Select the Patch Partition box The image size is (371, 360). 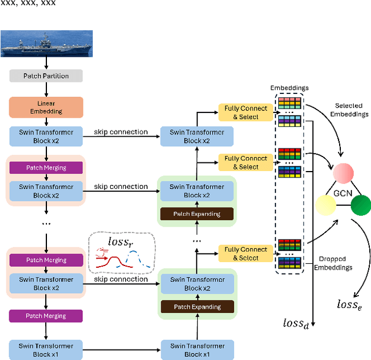tap(45, 76)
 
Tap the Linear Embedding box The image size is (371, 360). tap(45, 107)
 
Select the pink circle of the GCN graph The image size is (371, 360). tap(343, 172)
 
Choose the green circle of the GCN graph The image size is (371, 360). tap(361, 205)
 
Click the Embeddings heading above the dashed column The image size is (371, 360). tap(289, 88)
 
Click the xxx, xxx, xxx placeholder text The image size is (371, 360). tap(28, 3)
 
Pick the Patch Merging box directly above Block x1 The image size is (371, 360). tap(45, 316)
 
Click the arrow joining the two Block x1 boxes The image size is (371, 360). tap(121, 350)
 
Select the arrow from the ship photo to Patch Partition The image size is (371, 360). tap(45, 64)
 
